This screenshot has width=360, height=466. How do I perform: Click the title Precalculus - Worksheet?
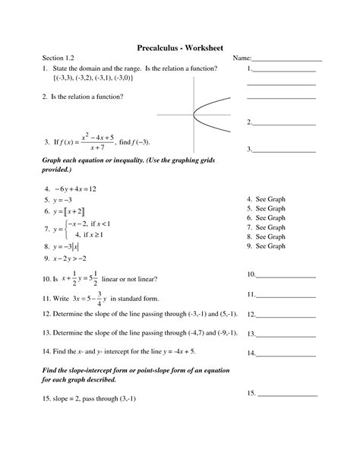[180, 48]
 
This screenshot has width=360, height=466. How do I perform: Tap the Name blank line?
[286, 59]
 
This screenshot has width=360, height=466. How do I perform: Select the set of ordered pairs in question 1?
[93, 78]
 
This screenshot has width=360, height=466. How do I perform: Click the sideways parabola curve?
[202, 115]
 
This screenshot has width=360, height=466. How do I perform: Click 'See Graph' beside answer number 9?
[270, 246]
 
